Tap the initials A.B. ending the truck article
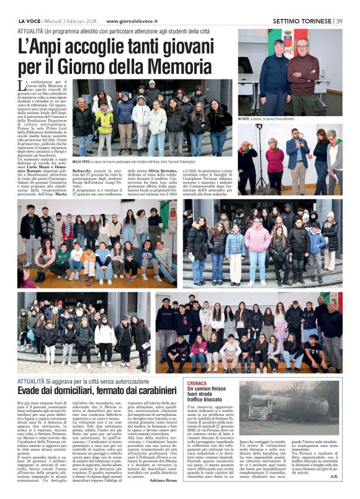tap(334, 477)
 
